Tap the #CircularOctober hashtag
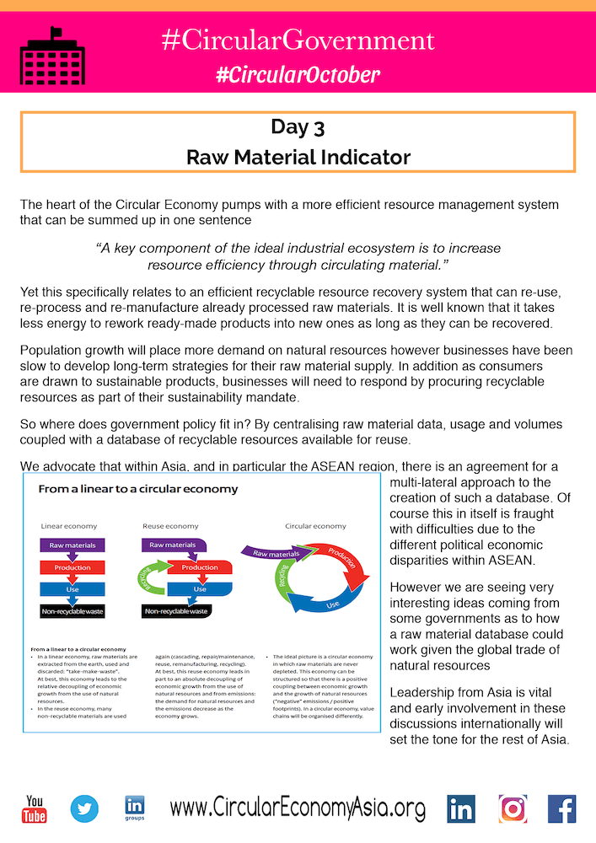298,75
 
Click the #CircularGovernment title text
298,40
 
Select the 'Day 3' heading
298,127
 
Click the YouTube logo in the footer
35,808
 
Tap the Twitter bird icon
84,808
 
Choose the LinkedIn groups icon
134,808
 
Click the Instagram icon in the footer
513,808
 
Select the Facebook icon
561,808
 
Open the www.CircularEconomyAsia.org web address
298,809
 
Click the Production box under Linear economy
72,566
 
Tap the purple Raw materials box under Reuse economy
173,545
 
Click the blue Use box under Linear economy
72,588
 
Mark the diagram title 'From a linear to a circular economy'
138,489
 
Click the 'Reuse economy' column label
170,526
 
